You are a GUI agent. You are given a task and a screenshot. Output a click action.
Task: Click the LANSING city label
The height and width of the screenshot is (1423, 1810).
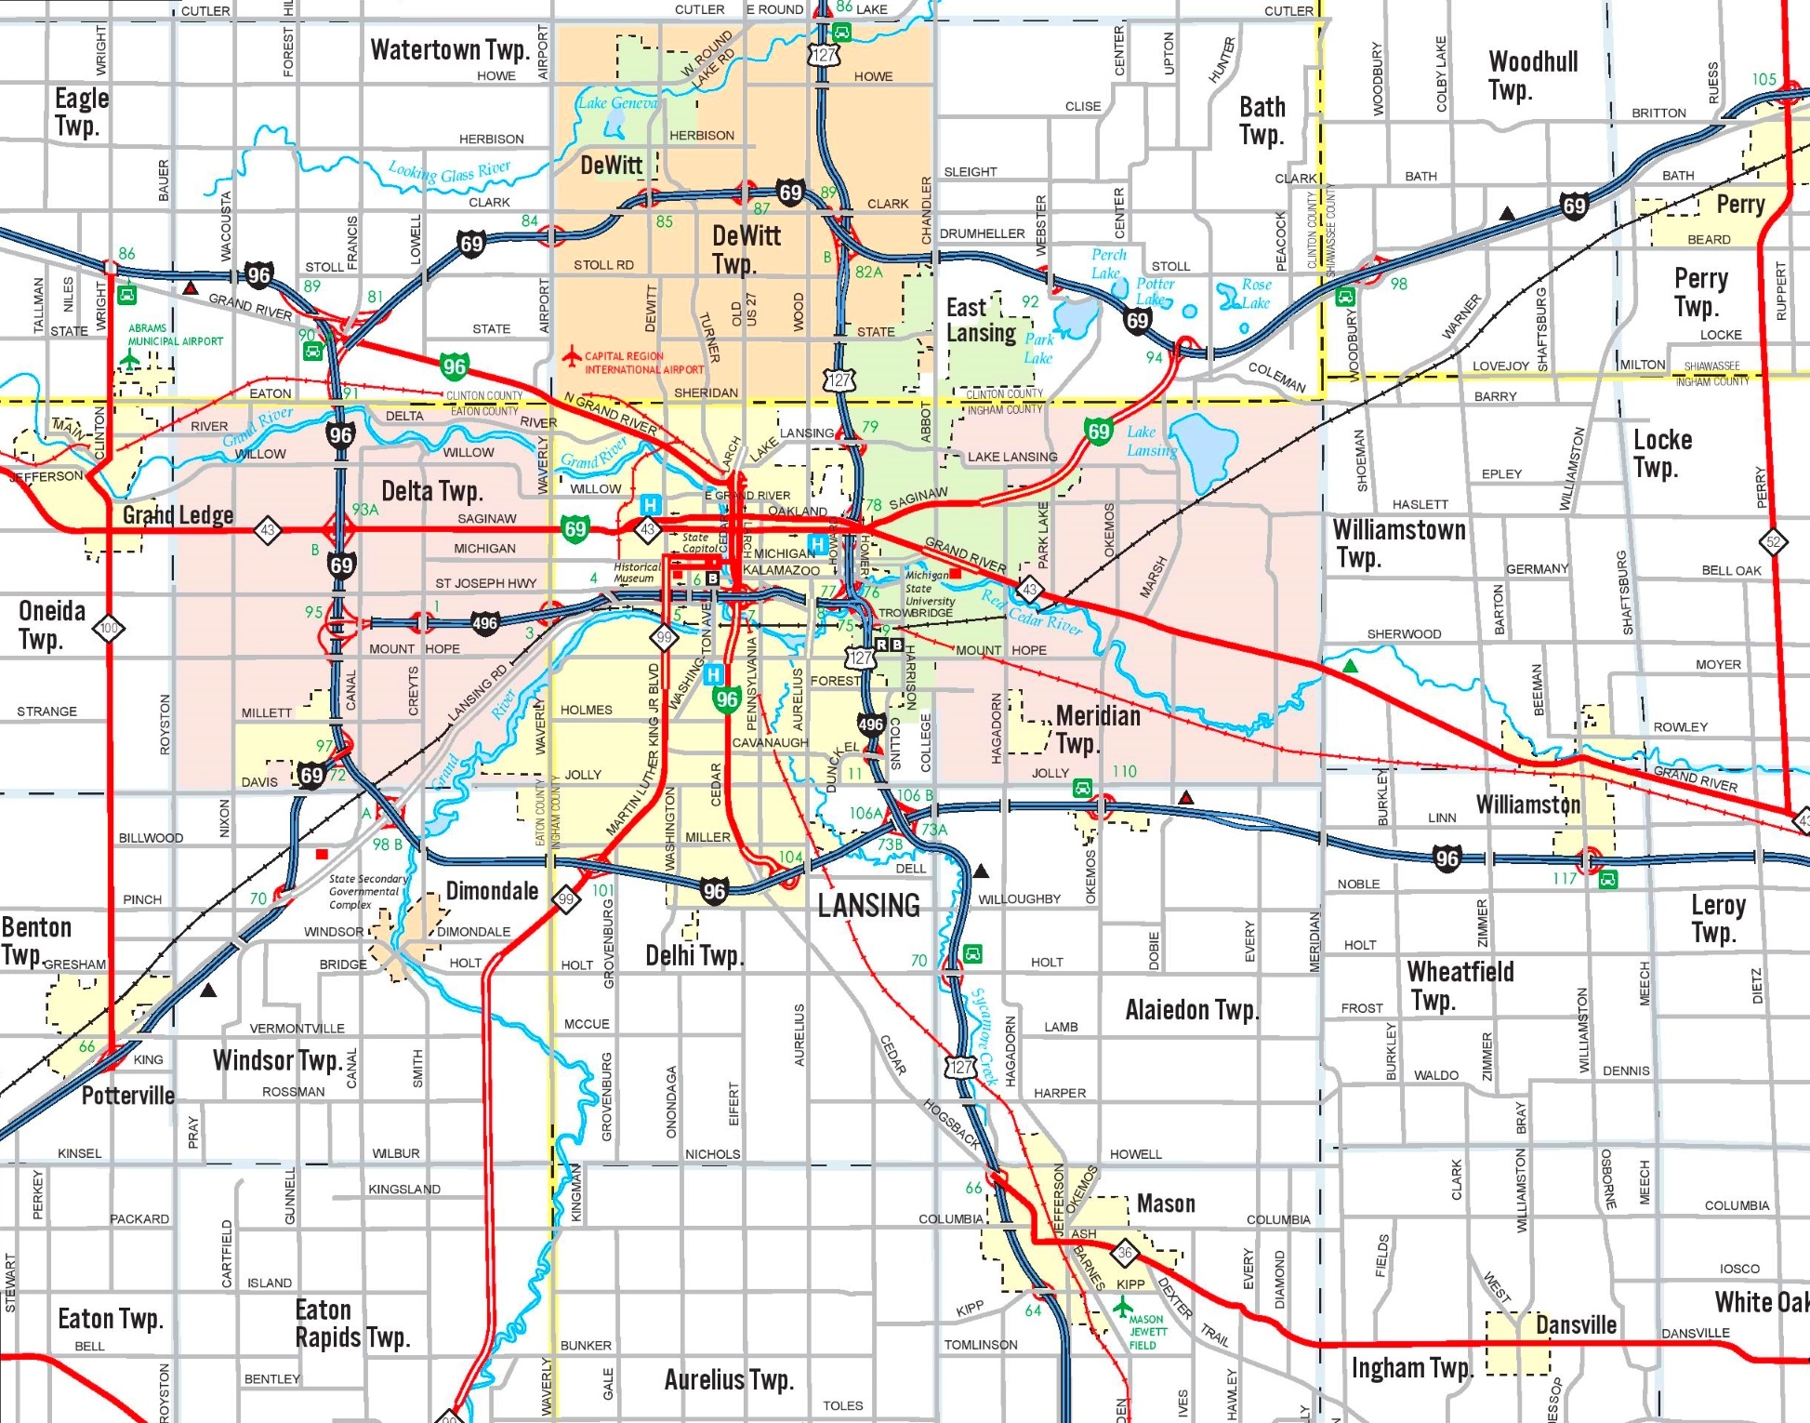click(868, 905)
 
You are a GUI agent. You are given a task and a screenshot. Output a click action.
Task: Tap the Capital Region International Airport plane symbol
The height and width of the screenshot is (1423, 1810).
click(573, 355)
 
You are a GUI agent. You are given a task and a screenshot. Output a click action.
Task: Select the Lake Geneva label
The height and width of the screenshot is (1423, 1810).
click(617, 103)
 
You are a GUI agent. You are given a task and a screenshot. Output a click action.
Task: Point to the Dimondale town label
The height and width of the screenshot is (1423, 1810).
click(492, 891)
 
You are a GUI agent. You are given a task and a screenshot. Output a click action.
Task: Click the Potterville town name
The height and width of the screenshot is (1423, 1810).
click(127, 1096)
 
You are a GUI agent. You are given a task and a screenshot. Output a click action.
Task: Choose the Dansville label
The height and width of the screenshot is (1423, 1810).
click(1576, 1324)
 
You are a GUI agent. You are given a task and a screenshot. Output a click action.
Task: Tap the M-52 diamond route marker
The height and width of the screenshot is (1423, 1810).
click(1773, 541)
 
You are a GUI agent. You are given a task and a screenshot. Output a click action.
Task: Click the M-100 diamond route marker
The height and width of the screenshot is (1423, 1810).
click(109, 628)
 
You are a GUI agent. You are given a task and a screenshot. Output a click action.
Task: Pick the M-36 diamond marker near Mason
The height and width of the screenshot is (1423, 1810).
click(1125, 1253)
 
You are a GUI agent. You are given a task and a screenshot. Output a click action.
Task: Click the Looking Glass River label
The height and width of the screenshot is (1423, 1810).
click(449, 172)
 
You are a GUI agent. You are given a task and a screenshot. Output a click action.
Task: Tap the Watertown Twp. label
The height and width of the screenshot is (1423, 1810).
click(449, 49)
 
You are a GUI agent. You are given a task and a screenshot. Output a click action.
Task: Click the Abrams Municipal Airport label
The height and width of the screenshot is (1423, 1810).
click(175, 335)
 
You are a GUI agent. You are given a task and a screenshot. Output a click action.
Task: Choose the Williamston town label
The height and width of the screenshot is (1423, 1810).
click(1527, 804)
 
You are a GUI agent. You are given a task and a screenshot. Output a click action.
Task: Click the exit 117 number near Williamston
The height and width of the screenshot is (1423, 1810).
click(1565, 878)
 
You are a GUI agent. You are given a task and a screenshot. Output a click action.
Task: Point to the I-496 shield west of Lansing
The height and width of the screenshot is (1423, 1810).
click(484, 623)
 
